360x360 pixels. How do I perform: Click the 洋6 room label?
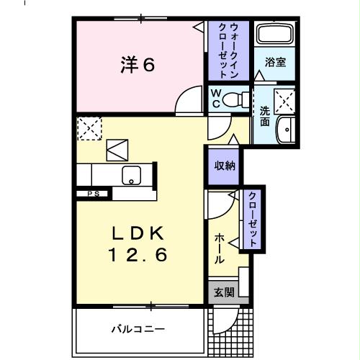coord(137,66)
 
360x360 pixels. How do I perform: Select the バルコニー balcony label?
coord(138,330)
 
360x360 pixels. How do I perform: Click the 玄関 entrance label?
coord(224,292)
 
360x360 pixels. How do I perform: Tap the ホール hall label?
coord(219,248)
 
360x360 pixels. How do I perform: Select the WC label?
coord(215,99)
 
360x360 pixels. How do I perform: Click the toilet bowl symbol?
coord(234,99)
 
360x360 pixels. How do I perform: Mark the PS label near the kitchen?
coord(92,193)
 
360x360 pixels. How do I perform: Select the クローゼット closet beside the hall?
coord(253,219)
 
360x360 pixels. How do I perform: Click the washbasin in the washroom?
coord(287,130)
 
